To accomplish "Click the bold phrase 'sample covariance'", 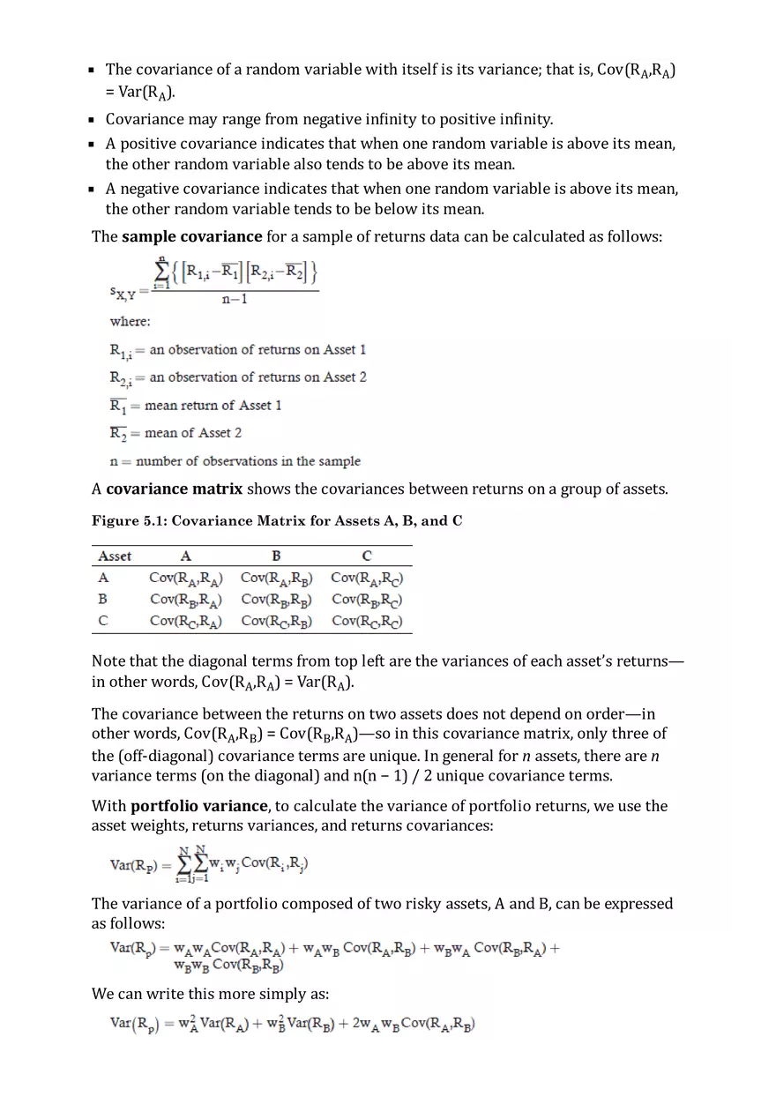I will tap(191, 236).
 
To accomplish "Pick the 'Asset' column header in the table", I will tap(115, 556).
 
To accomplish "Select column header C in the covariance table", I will tap(367, 556).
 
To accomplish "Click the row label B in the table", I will tap(103, 599).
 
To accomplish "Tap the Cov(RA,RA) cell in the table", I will tap(185, 578).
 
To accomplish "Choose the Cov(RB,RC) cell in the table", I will tap(367, 600).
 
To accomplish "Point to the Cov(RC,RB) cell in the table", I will tap(276, 621).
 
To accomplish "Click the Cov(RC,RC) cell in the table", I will tap(367, 621).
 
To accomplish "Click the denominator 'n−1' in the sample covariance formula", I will tap(235, 300).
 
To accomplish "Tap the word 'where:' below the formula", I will tap(130, 322).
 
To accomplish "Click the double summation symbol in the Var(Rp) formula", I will tap(194, 864).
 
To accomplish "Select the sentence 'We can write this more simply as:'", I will tap(210, 994).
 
